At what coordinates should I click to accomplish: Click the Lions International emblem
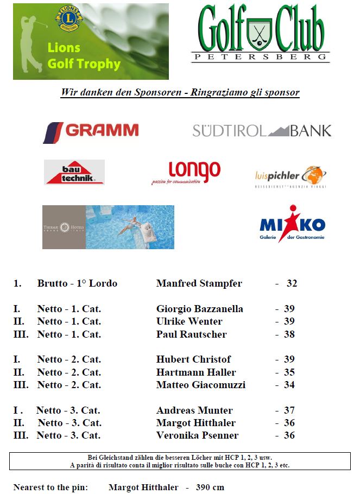pyautogui.click(x=69, y=18)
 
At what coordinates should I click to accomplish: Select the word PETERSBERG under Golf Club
pyautogui.click(x=260, y=56)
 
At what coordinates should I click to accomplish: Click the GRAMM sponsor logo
pyautogui.click(x=91, y=131)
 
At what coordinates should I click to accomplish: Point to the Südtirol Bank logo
pyautogui.click(x=261, y=130)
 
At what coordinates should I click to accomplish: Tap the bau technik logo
pyautogui.click(x=74, y=172)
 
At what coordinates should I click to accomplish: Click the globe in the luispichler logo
pyautogui.click(x=313, y=175)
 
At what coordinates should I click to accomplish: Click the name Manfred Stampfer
pyautogui.click(x=199, y=283)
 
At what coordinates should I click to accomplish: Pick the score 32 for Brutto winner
pyautogui.click(x=292, y=283)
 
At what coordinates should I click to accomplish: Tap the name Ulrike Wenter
pyautogui.click(x=189, y=321)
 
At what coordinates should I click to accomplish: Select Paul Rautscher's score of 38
pyautogui.click(x=289, y=334)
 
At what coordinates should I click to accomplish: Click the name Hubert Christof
pyautogui.click(x=193, y=359)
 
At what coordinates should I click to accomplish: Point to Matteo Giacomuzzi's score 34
pyautogui.click(x=289, y=385)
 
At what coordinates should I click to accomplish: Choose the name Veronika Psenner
pyautogui.click(x=197, y=435)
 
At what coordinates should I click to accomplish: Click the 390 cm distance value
pyautogui.click(x=209, y=487)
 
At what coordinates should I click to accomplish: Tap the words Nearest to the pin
pyautogui.click(x=50, y=487)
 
